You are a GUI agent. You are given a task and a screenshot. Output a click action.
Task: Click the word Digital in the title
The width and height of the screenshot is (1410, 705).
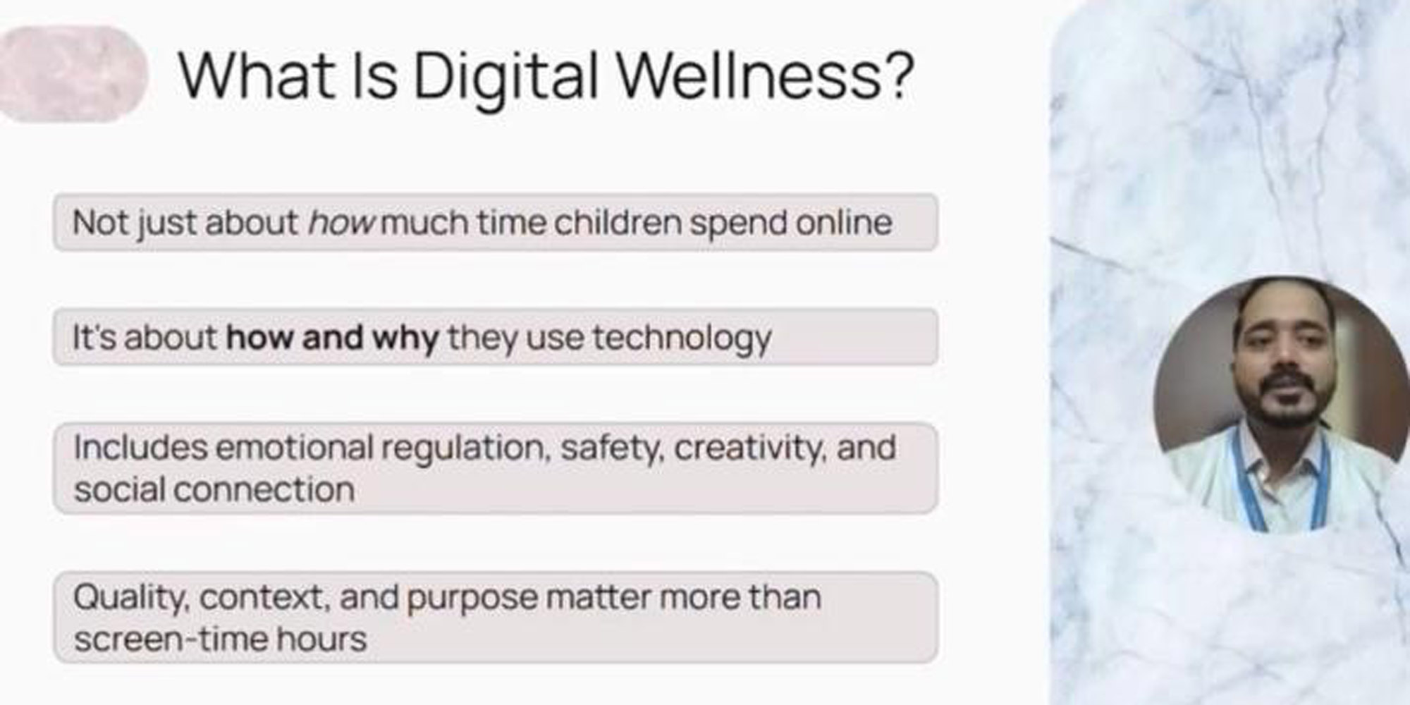[x=505, y=78]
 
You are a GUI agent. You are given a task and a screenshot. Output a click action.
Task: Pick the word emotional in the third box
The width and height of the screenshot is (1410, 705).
[x=294, y=448]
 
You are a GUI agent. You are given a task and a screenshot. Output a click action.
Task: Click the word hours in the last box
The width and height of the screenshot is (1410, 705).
[x=321, y=639]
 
